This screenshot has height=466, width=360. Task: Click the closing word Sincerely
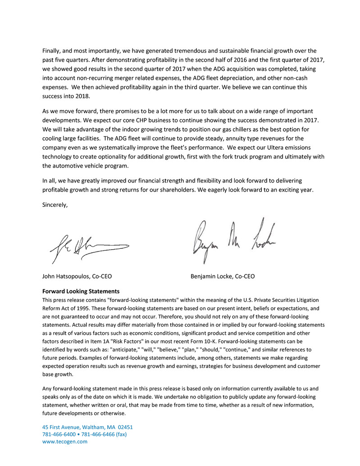[x=55, y=205]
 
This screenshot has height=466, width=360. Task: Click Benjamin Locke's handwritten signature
[x=234, y=239]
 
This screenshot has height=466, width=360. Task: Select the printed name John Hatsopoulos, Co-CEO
[x=80, y=276]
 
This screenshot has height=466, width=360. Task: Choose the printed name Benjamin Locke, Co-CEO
[x=223, y=276]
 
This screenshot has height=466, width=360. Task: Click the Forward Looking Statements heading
[x=81, y=291]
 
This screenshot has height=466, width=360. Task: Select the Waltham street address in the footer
[x=87, y=427]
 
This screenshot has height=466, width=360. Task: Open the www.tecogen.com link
[x=65, y=442]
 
